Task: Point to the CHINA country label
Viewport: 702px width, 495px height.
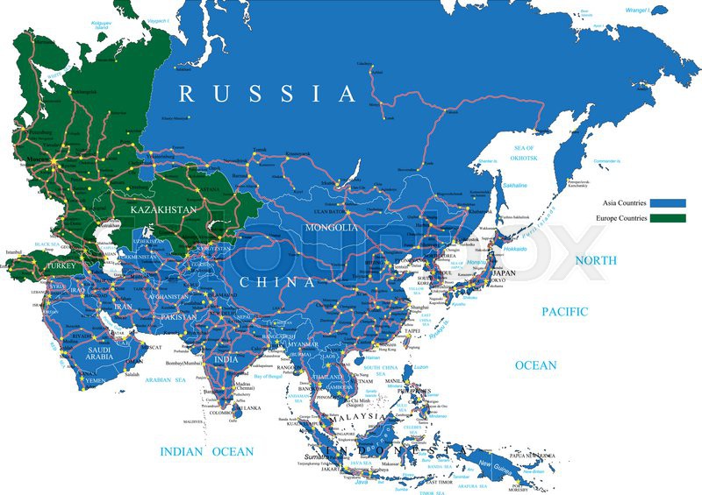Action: click(277, 282)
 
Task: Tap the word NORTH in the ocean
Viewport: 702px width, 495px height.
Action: click(596, 260)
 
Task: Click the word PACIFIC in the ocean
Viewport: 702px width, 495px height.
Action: click(564, 312)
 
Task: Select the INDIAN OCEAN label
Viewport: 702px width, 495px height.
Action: click(206, 452)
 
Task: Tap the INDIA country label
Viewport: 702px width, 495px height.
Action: click(226, 359)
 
